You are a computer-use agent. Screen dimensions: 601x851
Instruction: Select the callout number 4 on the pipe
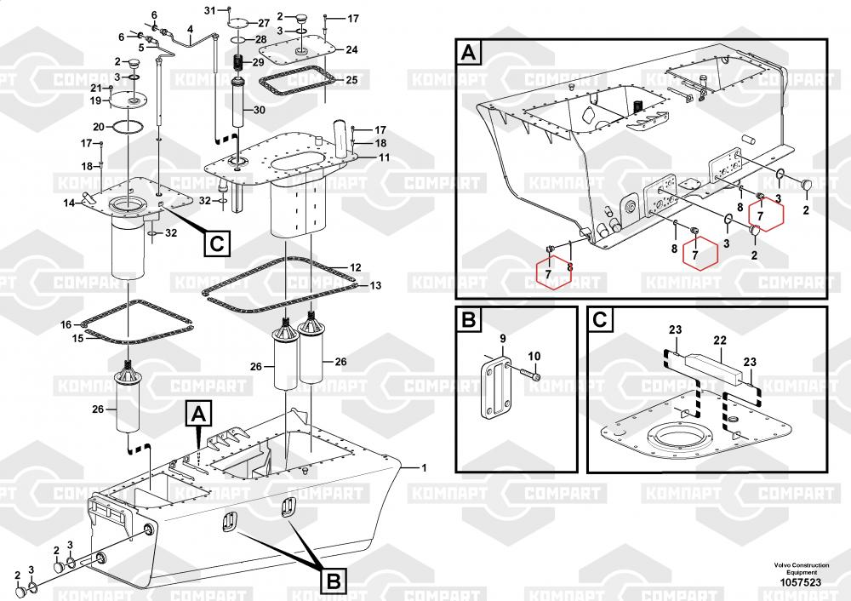click(x=191, y=29)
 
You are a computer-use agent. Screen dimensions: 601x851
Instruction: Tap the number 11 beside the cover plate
click(x=384, y=158)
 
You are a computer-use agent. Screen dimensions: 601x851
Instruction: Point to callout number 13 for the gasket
click(x=375, y=285)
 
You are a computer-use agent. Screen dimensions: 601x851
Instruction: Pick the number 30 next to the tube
click(x=259, y=110)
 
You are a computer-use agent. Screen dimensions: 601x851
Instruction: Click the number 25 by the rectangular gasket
click(x=351, y=80)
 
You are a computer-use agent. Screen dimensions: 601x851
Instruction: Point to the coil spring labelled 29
click(x=239, y=64)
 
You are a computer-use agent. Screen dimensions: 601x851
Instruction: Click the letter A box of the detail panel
click(x=470, y=54)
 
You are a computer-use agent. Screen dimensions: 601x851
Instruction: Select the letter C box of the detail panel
click(x=599, y=321)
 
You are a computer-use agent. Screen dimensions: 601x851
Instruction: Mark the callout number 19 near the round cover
click(x=95, y=100)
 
